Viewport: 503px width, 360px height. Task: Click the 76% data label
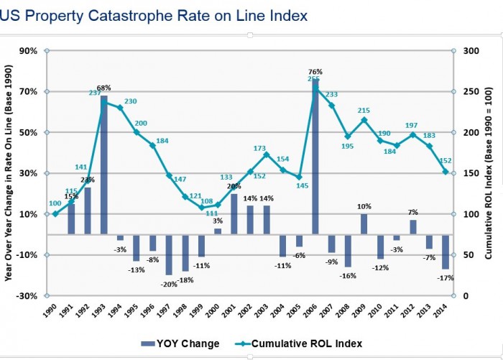(315, 72)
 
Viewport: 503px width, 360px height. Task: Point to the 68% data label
(104, 88)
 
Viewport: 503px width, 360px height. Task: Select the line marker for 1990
(55, 214)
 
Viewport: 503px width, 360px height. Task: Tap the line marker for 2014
(446, 172)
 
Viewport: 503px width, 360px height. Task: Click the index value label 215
(364, 110)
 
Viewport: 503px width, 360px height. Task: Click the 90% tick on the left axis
(28, 51)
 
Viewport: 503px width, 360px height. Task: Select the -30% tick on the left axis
(27, 296)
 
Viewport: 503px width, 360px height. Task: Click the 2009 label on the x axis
(364, 314)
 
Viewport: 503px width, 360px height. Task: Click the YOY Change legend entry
(180, 343)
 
